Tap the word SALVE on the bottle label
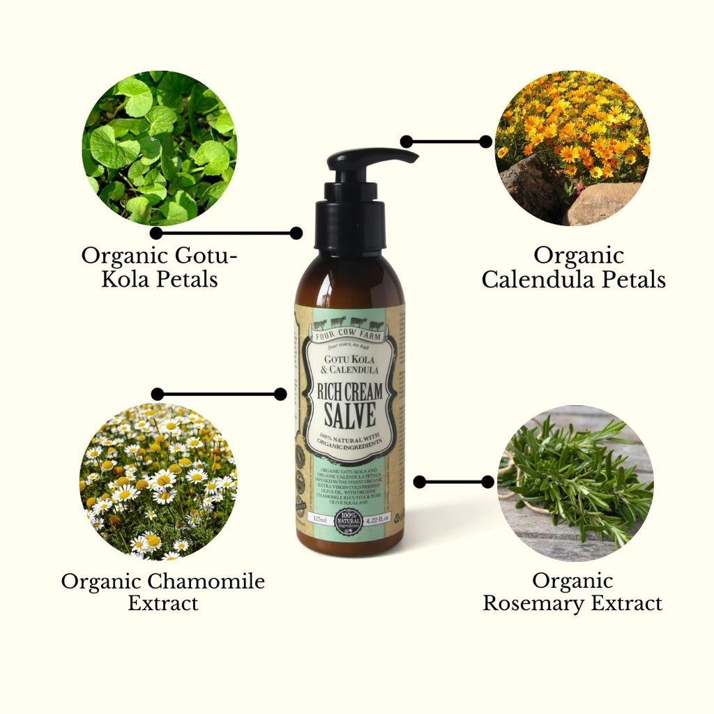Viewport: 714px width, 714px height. point(350,415)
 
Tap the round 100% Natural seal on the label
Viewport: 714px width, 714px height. point(348,521)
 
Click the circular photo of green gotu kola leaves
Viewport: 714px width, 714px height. point(159,147)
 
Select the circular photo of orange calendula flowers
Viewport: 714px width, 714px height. point(572,147)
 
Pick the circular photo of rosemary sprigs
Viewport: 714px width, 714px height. point(575,483)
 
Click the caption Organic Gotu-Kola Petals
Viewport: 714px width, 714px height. point(159,267)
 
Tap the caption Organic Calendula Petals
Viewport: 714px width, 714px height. point(573,267)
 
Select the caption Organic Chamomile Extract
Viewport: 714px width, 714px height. point(162,591)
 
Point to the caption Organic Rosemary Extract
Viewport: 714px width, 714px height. point(572,591)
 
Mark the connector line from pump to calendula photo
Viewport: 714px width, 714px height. point(446,142)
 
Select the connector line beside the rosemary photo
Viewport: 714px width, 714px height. point(453,482)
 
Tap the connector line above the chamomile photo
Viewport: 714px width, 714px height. point(219,394)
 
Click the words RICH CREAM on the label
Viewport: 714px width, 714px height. point(350,391)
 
